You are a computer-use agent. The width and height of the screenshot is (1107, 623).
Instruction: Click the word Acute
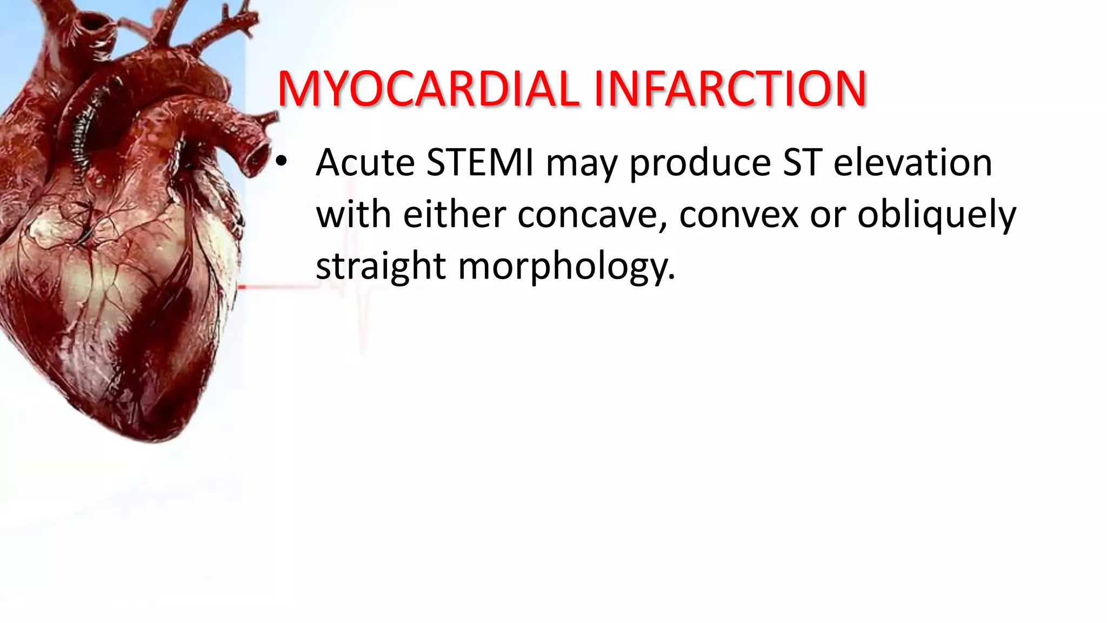[x=365, y=162]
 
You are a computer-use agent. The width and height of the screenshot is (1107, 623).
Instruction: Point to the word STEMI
[x=480, y=162]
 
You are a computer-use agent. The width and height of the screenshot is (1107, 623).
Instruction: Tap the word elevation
[x=912, y=162]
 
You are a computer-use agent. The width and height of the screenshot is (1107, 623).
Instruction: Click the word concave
[x=592, y=215]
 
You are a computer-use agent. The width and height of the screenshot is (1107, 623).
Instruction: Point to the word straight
[x=381, y=267]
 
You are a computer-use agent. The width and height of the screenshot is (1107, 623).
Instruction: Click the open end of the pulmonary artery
[x=258, y=157]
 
